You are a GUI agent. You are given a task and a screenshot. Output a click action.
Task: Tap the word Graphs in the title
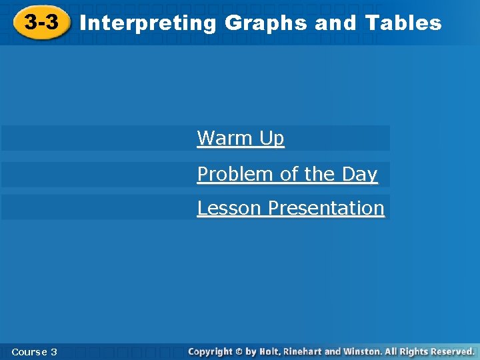click(267, 23)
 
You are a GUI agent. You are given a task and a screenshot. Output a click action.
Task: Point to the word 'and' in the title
click(337, 23)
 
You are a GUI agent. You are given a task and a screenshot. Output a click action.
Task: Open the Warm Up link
click(241, 139)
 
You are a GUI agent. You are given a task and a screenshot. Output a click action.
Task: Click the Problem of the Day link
click(287, 174)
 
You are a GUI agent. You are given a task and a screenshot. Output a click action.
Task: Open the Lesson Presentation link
click(291, 208)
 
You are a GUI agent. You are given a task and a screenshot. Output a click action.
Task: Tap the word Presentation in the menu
click(326, 208)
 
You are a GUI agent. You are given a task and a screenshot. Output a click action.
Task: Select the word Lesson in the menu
click(230, 208)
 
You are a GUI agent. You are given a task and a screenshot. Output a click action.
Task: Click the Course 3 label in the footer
click(34, 351)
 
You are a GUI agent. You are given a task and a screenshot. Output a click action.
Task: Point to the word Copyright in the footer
click(210, 351)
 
